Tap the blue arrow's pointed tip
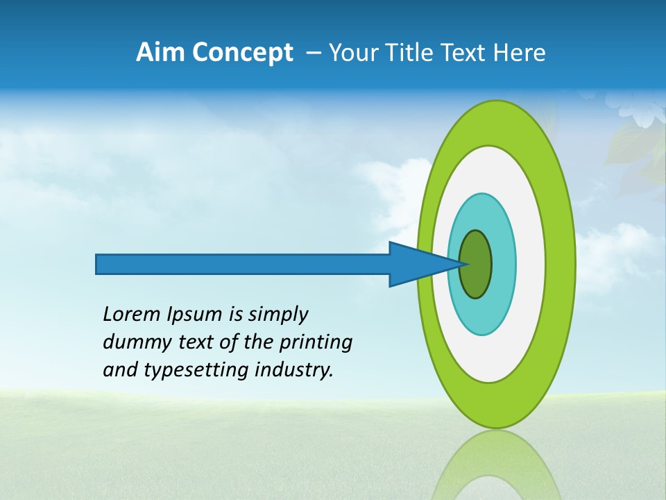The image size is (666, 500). pyautogui.click(x=466, y=264)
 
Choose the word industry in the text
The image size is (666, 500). pyautogui.click(x=295, y=370)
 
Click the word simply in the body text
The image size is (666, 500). pyautogui.click(x=277, y=315)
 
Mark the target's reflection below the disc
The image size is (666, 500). pyautogui.click(x=496, y=465)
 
